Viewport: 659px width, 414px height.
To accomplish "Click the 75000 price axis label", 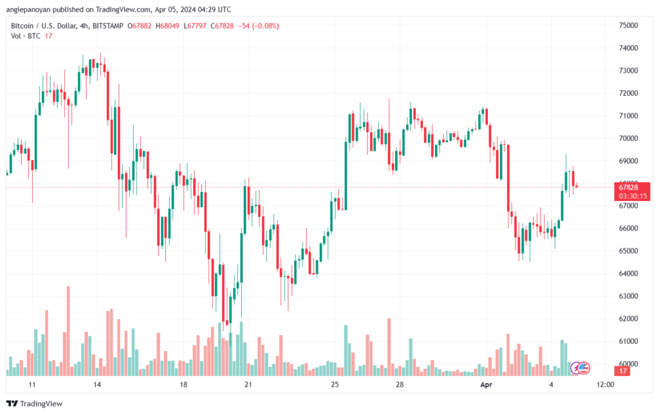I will click(x=628, y=25).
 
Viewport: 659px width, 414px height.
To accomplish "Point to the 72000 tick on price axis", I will click(x=628, y=93).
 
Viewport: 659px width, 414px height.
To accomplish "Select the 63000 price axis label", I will click(x=628, y=296).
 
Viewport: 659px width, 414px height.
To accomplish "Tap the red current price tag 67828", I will click(x=628, y=187).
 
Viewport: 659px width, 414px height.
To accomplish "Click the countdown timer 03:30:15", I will click(x=633, y=196).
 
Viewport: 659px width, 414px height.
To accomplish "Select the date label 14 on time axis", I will click(x=97, y=385).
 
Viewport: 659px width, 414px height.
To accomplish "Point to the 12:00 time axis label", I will click(x=605, y=385).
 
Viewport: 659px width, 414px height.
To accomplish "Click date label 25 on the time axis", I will click(x=335, y=385).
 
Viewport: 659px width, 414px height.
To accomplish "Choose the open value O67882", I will click(x=139, y=26).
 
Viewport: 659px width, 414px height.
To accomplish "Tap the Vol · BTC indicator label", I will click(x=26, y=36).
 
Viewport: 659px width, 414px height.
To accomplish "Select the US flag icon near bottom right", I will click(x=584, y=368).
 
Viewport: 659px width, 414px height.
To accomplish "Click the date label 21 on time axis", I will click(x=248, y=385).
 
